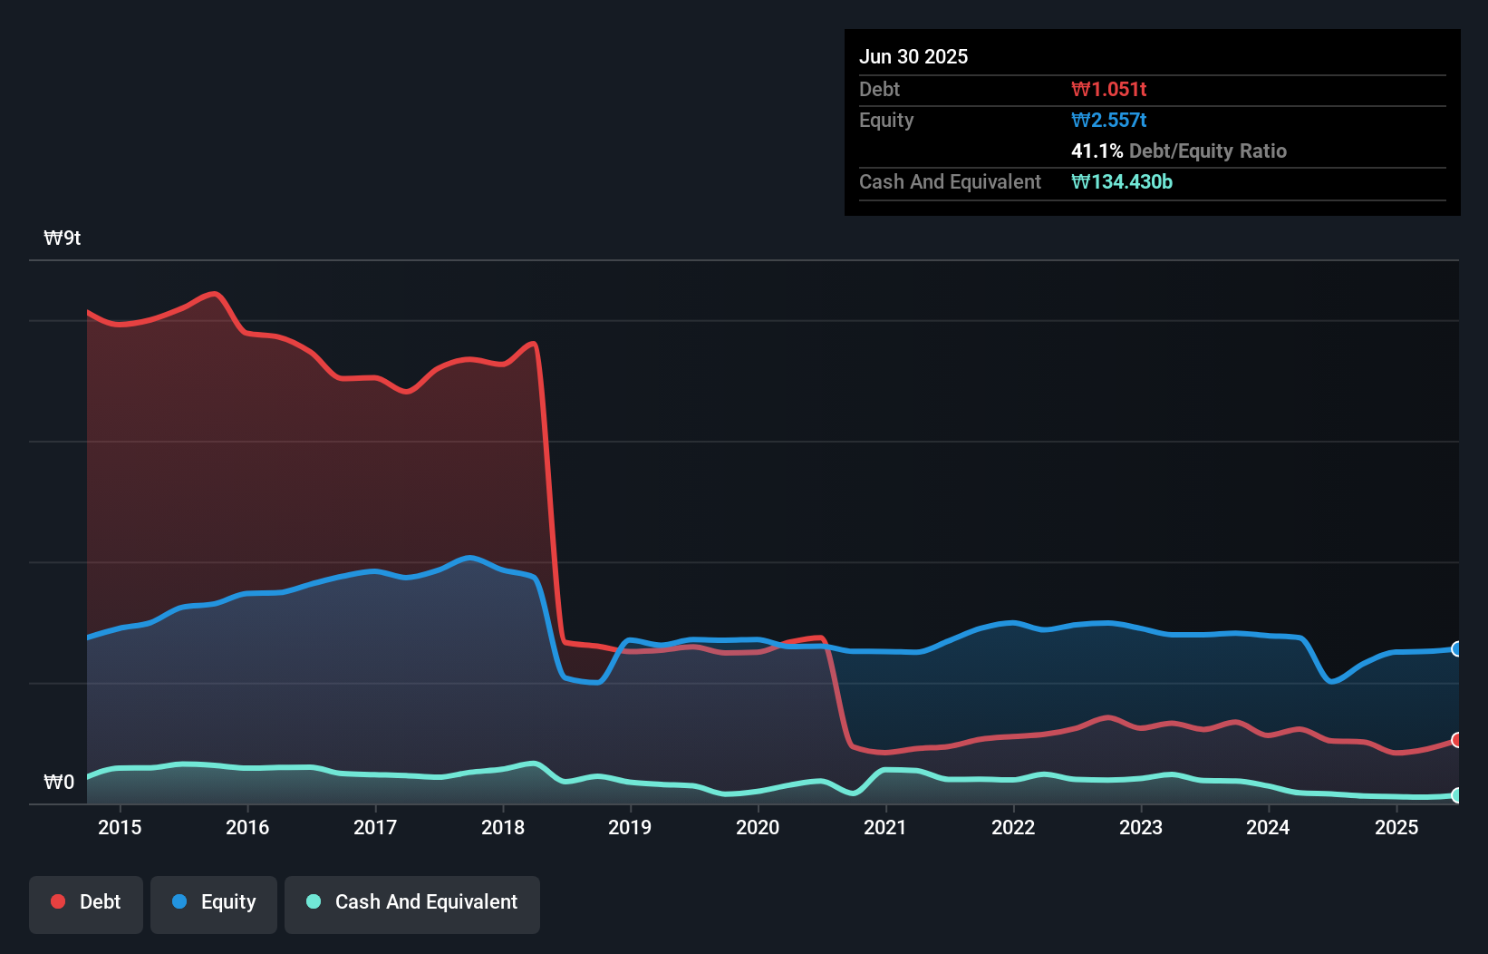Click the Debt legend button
(x=86, y=903)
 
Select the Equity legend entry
(x=214, y=903)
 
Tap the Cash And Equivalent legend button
(x=412, y=903)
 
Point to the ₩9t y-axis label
(x=63, y=238)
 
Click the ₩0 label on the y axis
(x=59, y=783)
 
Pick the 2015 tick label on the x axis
(x=120, y=828)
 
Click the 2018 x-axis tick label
(x=503, y=828)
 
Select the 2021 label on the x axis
(x=885, y=828)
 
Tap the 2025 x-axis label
(x=1396, y=828)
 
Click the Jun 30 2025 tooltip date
(x=913, y=57)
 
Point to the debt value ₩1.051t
(x=1108, y=90)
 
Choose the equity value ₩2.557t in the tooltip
(x=1108, y=121)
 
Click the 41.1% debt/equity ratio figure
(x=1097, y=151)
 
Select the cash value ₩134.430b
(x=1121, y=182)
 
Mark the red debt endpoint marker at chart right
(x=1456, y=740)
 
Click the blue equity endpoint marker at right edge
(x=1456, y=648)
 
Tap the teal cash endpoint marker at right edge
(x=1456, y=795)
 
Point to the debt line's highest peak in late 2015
(x=214, y=293)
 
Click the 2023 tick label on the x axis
(x=1141, y=828)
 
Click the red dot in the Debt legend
(x=58, y=902)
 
